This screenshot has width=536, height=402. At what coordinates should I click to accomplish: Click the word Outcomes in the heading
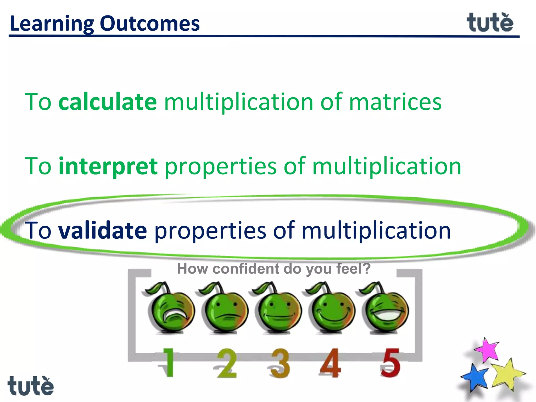150,24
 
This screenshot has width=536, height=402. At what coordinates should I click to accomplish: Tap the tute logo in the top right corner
490,23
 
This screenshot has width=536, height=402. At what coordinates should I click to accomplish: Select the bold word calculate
108,102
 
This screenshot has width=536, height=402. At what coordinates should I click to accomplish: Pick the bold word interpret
108,166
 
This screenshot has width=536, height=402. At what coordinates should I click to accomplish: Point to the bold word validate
103,230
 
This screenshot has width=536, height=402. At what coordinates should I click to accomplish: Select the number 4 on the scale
330,363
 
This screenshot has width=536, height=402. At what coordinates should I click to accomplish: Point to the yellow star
506,374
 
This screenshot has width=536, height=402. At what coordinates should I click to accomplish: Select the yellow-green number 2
227,363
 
